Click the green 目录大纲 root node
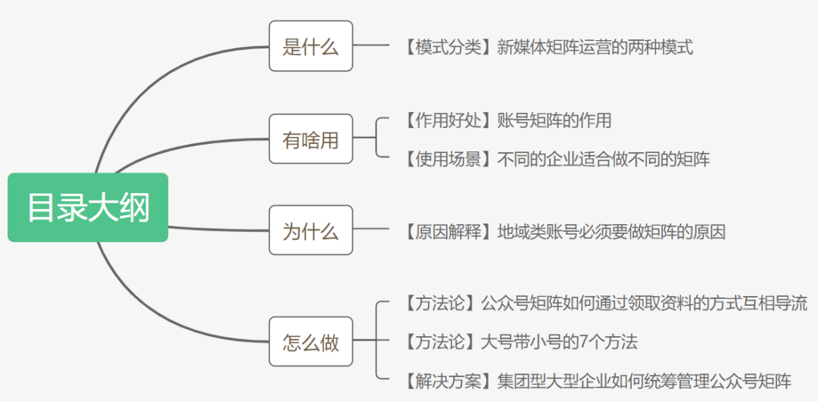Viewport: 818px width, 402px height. [x=88, y=207]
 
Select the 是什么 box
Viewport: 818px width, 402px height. [x=311, y=47]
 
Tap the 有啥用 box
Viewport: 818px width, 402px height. [x=311, y=139]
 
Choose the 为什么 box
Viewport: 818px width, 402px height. [x=311, y=230]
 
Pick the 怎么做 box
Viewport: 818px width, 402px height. [x=311, y=342]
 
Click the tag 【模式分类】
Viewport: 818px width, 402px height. [x=444, y=48]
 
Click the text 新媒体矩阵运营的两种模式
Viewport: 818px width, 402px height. [x=595, y=48]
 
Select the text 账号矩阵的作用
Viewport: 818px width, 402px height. [x=554, y=120]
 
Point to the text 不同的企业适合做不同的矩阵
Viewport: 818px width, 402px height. [x=604, y=159]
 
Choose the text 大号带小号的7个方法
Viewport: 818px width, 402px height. [x=559, y=341]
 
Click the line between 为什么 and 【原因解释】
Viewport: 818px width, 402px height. [x=371, y=231]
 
